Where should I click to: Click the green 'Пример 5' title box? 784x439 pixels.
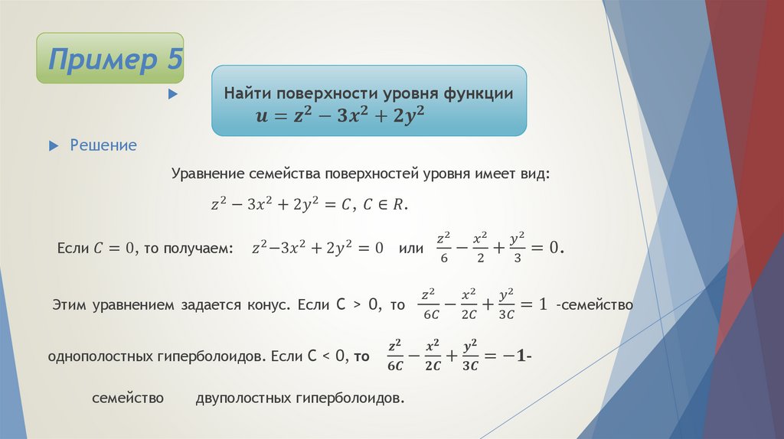(110, 59)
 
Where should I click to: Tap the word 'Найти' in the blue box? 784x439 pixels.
(244, 93)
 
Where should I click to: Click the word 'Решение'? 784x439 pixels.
(103, 145)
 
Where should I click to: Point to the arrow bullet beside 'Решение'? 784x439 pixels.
(53, 145)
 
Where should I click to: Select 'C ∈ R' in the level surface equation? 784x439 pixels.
(387, 205)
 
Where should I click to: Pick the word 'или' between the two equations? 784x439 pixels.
(411, 249)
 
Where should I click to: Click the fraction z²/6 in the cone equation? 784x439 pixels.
(443, 248)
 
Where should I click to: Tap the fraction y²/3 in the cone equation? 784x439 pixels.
(517, 248)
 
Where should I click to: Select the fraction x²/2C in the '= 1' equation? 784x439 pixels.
(469, 304)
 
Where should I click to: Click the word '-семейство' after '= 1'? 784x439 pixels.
(595, 304)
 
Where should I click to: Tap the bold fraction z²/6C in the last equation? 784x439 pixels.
(395, 355)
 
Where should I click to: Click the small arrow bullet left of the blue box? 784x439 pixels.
(172, 95)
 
